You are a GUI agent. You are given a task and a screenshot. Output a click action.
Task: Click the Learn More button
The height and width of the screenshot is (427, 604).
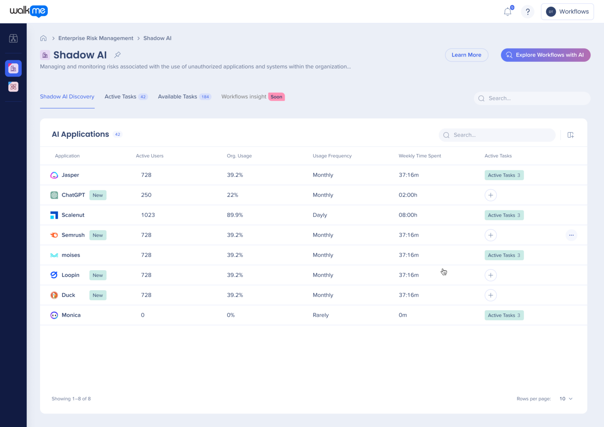(466, 55)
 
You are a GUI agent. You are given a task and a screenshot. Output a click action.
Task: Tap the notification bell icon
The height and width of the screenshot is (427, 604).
(508, 12)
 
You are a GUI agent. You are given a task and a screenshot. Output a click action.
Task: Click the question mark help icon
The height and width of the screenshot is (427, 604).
(528, 12)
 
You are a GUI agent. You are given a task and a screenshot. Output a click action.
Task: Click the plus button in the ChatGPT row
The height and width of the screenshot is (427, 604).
(490, 195)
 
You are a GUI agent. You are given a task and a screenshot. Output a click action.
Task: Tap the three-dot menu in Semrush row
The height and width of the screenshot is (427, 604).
(571, 235)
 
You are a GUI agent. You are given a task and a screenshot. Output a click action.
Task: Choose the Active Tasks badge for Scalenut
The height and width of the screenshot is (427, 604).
(504, 215)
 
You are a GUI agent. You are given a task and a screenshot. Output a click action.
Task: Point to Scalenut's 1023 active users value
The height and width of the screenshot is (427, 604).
(148, 215)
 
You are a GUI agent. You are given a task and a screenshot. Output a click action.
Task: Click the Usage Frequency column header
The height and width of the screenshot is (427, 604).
(332, 156)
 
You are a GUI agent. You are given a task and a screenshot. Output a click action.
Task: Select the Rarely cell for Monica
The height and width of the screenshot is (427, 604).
(320, 315)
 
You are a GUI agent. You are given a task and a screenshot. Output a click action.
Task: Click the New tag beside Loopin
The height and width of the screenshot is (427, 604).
(98, 275)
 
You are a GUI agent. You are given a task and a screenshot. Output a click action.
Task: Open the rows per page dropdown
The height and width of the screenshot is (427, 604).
(566, 399)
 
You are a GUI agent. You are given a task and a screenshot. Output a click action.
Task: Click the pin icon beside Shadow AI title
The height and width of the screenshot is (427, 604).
(117, 55)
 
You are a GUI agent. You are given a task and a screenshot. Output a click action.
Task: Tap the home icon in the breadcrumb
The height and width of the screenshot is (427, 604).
(44, 38)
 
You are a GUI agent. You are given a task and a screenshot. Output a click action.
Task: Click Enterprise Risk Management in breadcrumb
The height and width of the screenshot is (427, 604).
(96, 38)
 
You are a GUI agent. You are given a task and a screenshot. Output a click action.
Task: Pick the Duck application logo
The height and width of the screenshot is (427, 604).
(54, 295)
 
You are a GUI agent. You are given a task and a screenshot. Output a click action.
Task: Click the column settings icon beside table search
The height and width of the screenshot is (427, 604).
(571, 135)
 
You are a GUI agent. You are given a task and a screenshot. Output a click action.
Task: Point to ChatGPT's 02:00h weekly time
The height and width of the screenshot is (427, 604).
(408, 195)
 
